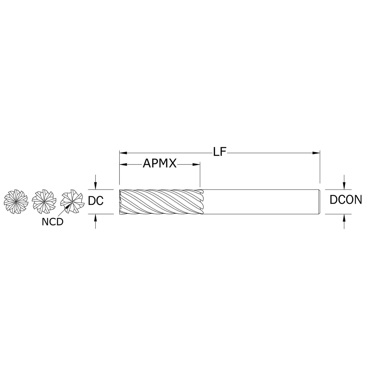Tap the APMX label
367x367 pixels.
pyautogui.click(x=160, y=164)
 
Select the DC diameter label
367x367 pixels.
pyautogui.click(x=96, y=200)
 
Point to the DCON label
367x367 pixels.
pyautogui.click(x=346, y=200)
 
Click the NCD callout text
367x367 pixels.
pyautogui.click(x=53, y=222)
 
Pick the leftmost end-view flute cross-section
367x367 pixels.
pyautogui.click(x=16, y=202)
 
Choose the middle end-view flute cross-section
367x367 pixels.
pyautogui.click(x=44, y=202)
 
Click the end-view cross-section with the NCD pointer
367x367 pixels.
pyautogui.click(x=72, y=202)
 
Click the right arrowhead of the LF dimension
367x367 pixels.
pyautogui.click(x=316, y=153)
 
